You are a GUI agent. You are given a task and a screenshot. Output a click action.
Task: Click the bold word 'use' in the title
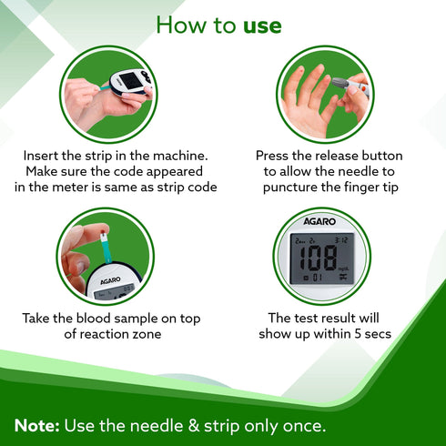(262, 25)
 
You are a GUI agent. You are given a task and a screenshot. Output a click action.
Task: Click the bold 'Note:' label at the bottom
(38, 425)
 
